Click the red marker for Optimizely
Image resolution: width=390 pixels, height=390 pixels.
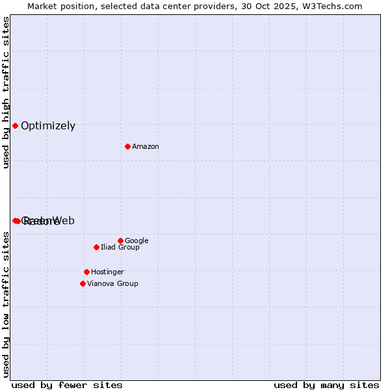pos(15,125)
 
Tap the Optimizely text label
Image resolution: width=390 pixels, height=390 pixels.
pos(48,126)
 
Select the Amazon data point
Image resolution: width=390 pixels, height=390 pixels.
pos(127,146)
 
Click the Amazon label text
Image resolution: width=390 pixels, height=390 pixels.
pos(146,147)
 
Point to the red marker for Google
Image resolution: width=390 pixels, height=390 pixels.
pos(120,240)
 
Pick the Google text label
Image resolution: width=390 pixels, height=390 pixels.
pos(136,241)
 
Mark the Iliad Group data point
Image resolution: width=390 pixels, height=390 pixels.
pos(96,247)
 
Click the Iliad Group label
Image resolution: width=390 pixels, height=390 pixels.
pos(120,248)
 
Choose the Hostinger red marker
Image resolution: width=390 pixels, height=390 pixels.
pos(86,272)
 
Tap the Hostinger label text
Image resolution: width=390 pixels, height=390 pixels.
pos(107,272)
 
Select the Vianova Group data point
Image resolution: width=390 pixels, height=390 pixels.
pos(83,283)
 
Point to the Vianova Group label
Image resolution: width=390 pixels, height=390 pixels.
pos(112,284)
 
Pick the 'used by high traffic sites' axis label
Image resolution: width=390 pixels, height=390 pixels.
pos(6,92)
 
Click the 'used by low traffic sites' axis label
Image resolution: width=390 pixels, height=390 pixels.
pos(6,304)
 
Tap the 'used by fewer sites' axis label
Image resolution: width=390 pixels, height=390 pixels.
pos(67,385)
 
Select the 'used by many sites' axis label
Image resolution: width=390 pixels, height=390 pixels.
pos(326,385)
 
